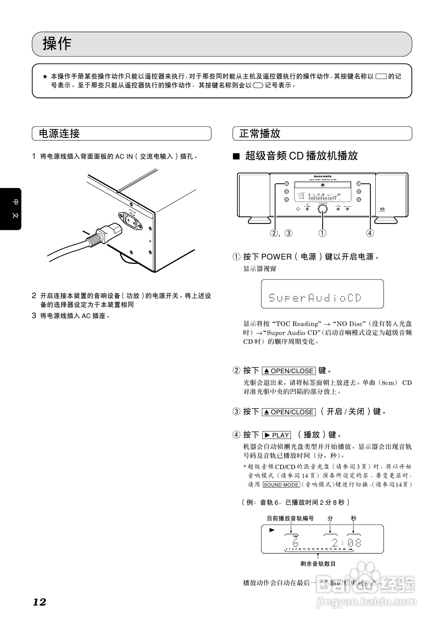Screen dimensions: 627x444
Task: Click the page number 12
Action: [39, 602]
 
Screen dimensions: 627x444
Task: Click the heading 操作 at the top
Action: [57, 44]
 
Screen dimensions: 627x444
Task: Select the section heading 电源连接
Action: [59, 134]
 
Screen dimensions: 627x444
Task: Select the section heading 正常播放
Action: [260, 134]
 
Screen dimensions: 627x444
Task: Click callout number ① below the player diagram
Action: [322, 233]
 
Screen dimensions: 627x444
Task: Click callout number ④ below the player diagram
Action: [370, 233]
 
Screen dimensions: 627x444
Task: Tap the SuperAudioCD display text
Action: [315, 297]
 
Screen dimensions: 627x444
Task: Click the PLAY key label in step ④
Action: [277, 435]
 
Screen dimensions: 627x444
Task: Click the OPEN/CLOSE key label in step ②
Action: [289, 371]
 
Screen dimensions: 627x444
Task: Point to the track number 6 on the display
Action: [296, 543]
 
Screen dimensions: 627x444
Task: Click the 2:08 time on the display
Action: [346, 543]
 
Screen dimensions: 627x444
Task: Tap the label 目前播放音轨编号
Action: [290, 518]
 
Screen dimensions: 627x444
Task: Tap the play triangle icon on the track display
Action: [272, 530]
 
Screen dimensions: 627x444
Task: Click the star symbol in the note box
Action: [45, 76]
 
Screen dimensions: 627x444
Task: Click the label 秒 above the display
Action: [353, 518]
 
